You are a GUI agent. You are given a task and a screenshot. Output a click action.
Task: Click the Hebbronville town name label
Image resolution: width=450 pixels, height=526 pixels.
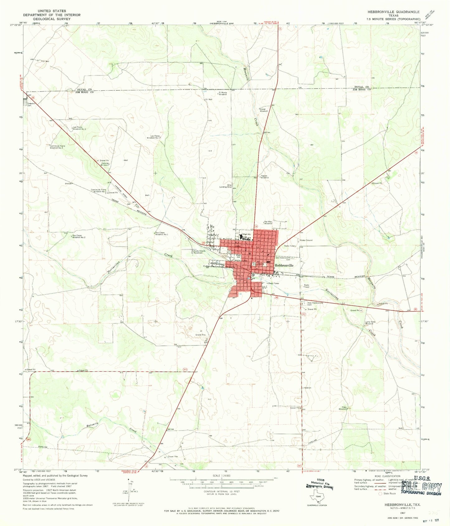click(x=284, y=265)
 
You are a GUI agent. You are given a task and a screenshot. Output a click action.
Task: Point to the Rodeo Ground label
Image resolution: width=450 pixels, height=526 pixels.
click(x=306, y=240)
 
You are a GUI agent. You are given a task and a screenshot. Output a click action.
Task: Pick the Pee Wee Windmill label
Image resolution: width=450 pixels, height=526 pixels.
click(x=268, y=222)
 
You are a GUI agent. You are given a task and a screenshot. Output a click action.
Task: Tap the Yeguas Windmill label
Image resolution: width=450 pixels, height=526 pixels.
click(x=264, y=177)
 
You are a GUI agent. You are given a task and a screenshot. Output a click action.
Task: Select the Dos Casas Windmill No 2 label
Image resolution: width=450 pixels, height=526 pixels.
click(x=79, y=236)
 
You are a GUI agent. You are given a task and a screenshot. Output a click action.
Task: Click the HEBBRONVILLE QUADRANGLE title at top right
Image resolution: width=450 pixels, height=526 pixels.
click(x=393, y=12)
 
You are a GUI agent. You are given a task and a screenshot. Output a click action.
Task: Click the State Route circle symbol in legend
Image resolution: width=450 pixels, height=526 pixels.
click(x=380, y=494)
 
